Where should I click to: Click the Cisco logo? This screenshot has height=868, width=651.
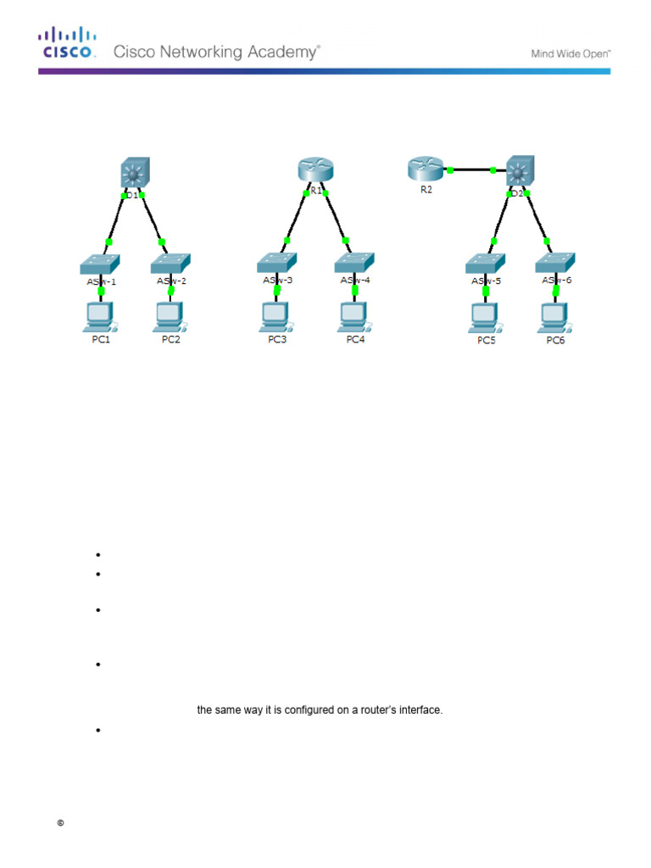click(x=65, y=42)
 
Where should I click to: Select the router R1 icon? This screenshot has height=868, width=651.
click(x=314, y=170)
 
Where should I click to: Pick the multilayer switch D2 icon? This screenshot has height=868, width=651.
click(x=518, y=171)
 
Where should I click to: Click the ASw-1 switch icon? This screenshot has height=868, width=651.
click(x=101, y=263)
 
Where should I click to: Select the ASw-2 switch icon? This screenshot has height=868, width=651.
click(x=172, y=263)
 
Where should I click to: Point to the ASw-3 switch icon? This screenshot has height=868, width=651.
click(x=276, y=263)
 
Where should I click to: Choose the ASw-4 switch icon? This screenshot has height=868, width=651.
click(x=354, y=262)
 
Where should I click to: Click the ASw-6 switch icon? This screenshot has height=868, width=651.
click(x=555, y=262)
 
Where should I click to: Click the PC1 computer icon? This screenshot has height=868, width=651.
click(x=101, y=315)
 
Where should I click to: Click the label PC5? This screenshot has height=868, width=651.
click(x=486, y=341)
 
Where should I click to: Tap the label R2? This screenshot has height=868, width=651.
click(x=426, y=190)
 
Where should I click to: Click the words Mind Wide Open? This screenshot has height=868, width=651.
click(x=571, y=53)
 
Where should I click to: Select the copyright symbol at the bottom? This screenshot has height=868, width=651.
click(x=61, y=823)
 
